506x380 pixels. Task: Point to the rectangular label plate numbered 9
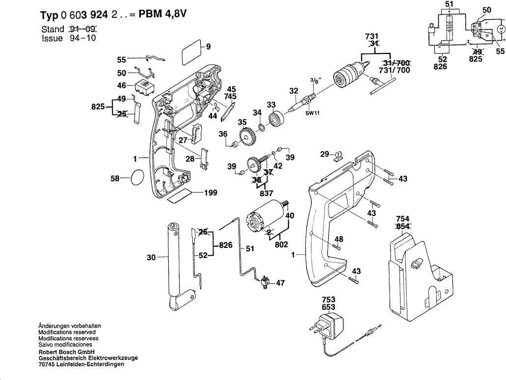tap(191, 52)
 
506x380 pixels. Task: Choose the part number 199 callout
tap(211, 193)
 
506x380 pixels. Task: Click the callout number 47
tap(280, 283)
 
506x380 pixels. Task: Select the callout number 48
tap(339, 239)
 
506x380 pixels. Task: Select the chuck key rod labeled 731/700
tap(384, 84)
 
